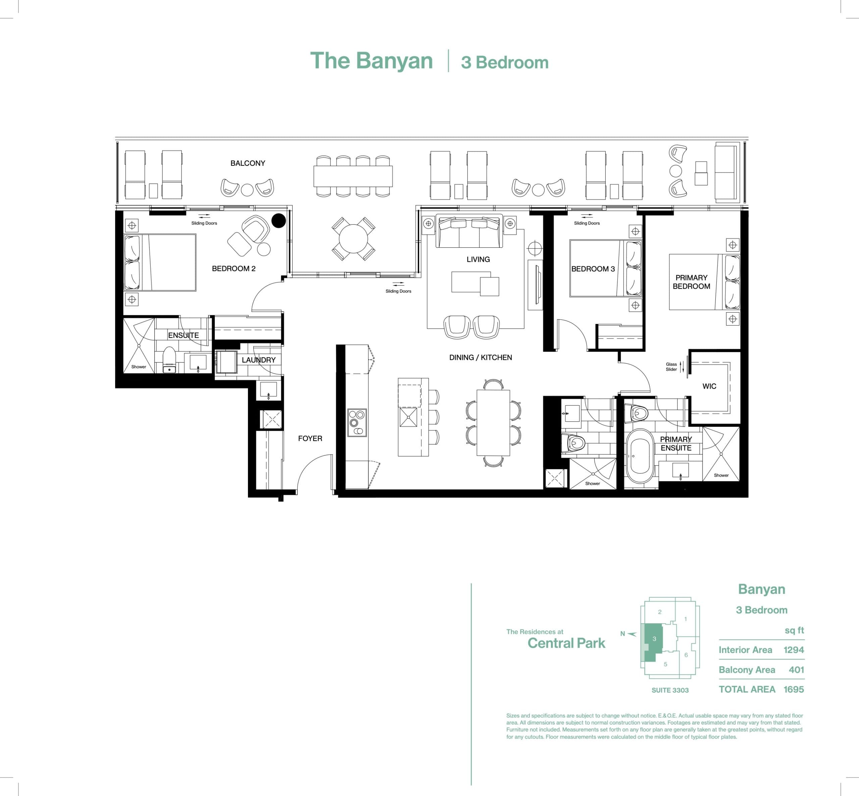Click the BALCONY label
pos(248,163)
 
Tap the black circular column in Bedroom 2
pos(279,221)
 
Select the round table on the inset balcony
pos(353,239)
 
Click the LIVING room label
pos(478,259)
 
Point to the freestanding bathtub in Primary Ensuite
pos(640,456)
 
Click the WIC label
pos(709,386)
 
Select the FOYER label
pos(310,438)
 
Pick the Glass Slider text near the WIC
pos(671,367)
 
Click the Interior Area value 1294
pos(794,650)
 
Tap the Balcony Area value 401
pos(796,670)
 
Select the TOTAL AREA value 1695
pos(794,690)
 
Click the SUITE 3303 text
pos(670,690)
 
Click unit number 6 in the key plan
pos(686,655)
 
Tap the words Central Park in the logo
pos(566,644)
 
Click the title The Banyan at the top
pos(371,61)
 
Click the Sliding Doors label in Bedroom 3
pos(587,223)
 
